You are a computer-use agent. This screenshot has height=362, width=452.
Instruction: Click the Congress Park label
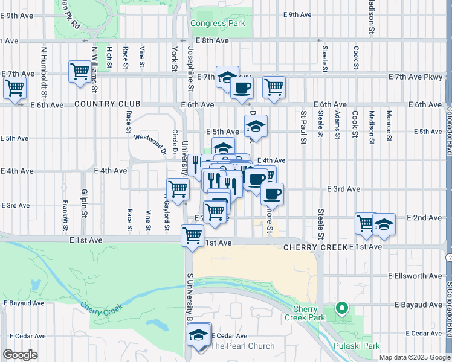pyautogui.click(x=218, y=24)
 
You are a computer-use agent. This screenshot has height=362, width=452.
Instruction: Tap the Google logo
pyautogui.click(x=20, y=355)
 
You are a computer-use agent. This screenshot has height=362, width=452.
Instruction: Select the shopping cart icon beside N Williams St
pyautogui.click(x=80, y=72)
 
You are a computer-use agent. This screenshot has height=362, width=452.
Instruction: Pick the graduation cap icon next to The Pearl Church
pyautogui.click(x=198, y=335)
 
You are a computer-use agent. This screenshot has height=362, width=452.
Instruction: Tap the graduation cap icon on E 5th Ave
pyautogui.click(x=256, y=127)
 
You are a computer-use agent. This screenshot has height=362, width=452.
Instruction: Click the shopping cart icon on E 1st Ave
pyautogui.click(x=193, y=235)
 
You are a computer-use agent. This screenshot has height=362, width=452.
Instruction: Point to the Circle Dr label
pyautogui.click(x=173, y=142)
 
